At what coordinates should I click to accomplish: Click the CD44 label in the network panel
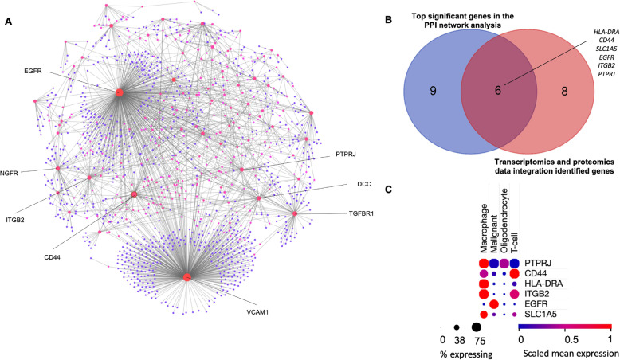pyautogui.click(x=55, y=257)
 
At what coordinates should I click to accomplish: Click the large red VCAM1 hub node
pyautogui.click(x=186, y=276)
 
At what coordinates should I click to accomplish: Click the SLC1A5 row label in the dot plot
pyautogui.click(x=546, y=315)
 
